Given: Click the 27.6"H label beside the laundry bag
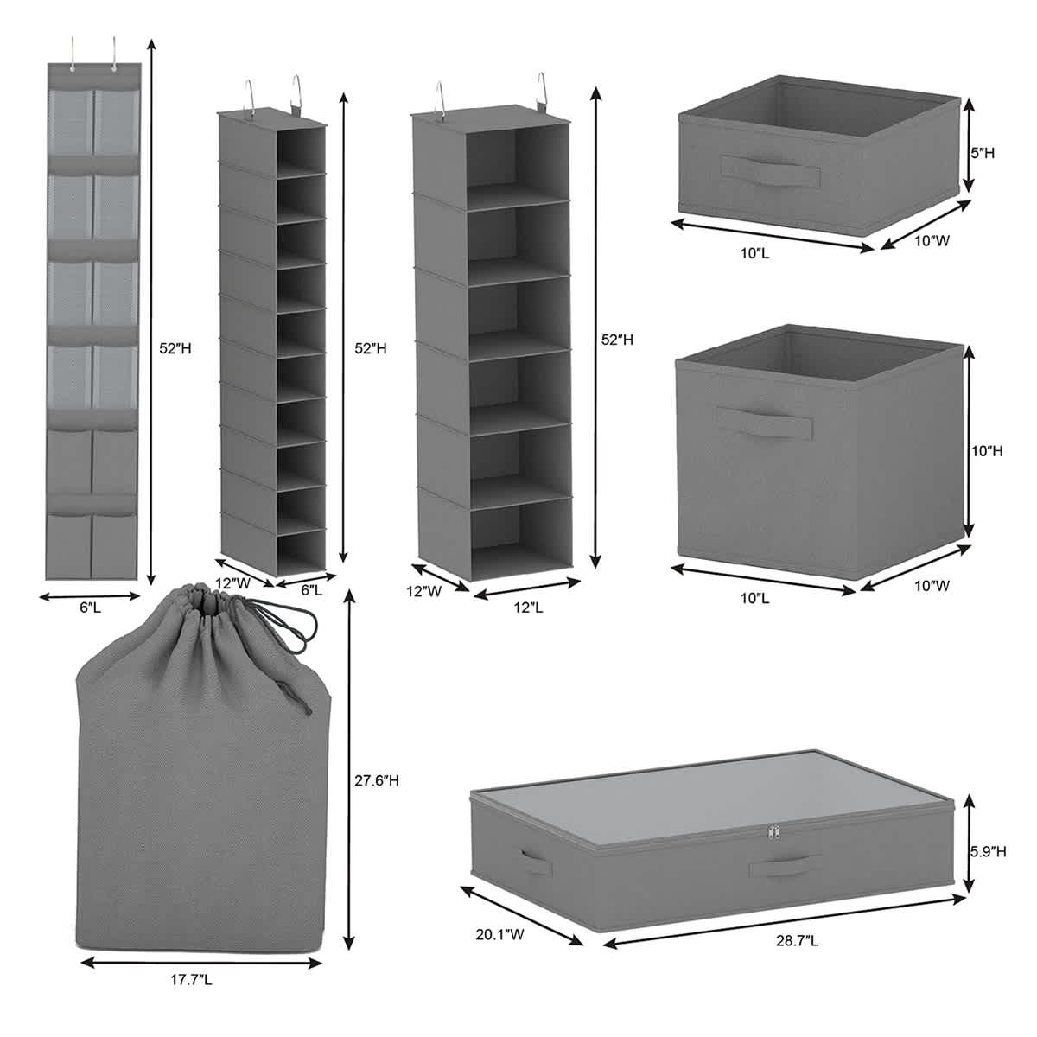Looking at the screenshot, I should pyautogui.click(x=381, y=781).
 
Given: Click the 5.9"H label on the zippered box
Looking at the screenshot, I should pyautogui.click(x=987, y=851).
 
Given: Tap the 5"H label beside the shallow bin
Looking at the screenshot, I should pyautogui.click(x=983, y=153).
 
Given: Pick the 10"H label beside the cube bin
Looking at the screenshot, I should pyautogui.click(x=986, y=450).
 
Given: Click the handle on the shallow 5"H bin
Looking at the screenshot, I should pyautogui.click(x=771, y=170).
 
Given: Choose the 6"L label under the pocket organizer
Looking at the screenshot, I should pyautogui.click(x=90, y=608).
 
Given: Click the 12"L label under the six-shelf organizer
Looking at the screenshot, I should pyautogui.click(x=528, y=608).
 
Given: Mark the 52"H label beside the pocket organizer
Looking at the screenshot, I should pyautogui.click(x=175, y=349).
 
